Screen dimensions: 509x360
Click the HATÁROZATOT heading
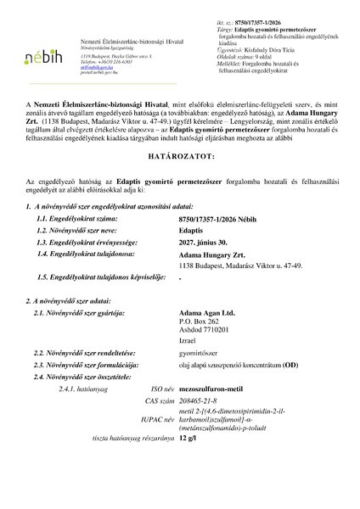pyautogui.click(x=179, y=181)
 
